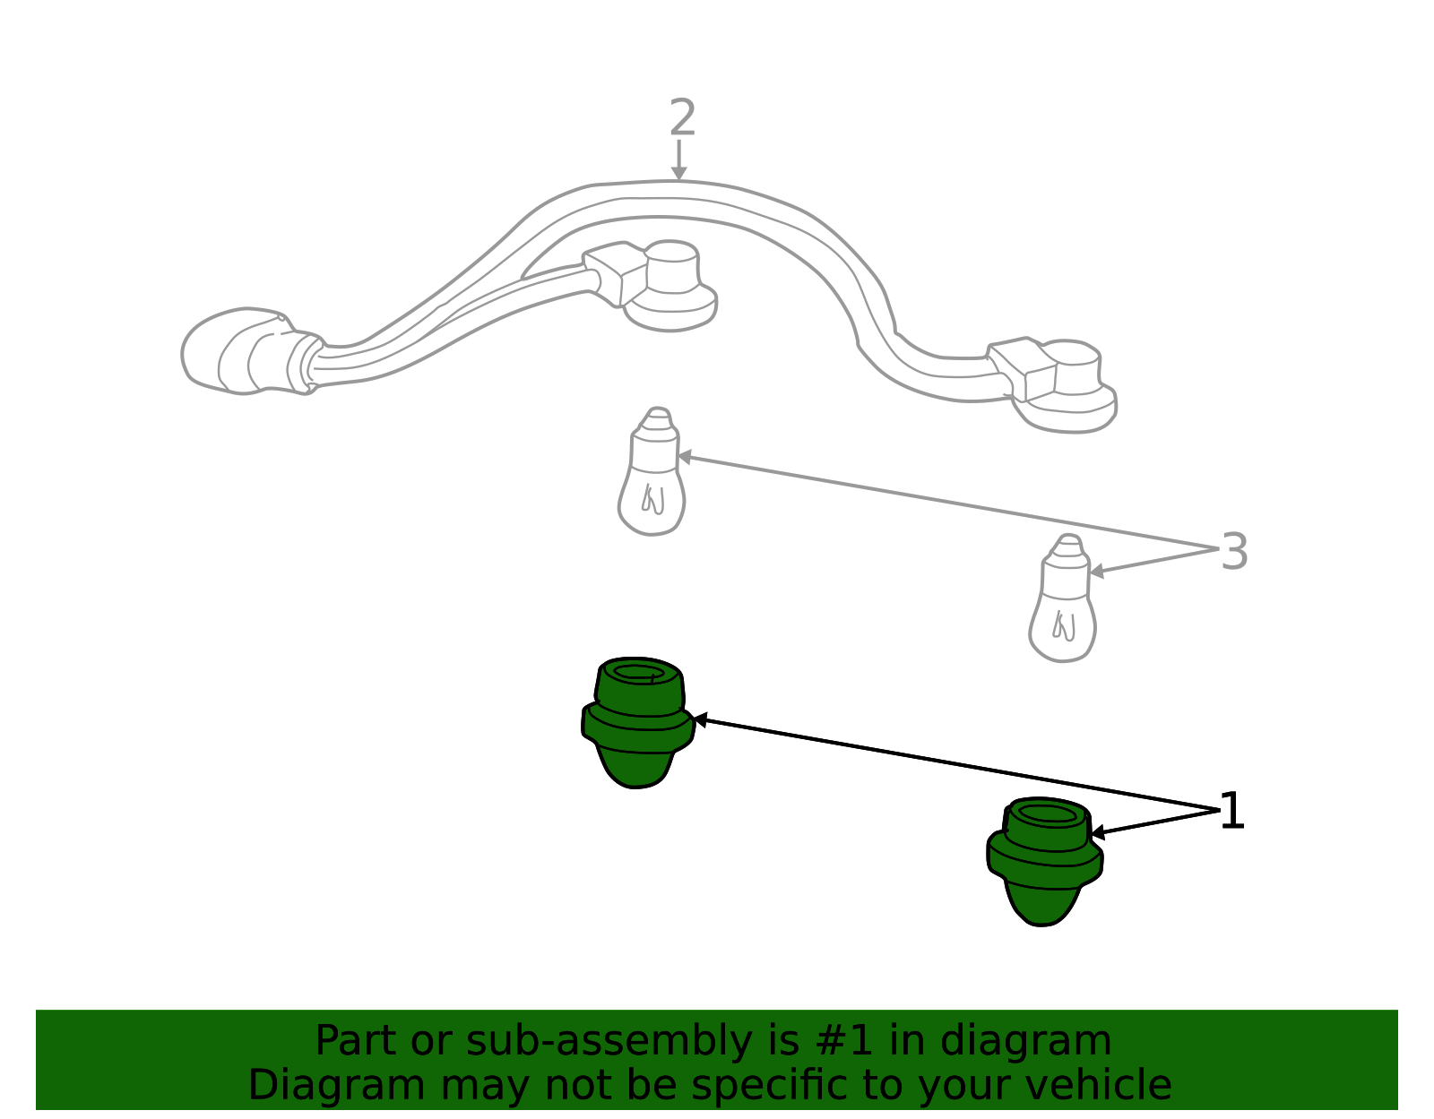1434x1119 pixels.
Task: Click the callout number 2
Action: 682,117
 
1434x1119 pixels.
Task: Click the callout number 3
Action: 1234,551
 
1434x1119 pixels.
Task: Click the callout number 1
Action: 1232,811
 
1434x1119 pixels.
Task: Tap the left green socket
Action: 637,722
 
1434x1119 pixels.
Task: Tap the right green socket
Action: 1044,861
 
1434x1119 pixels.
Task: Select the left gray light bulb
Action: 652,472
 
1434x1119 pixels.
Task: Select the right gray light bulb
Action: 1062,598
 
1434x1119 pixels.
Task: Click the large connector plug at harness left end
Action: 251,351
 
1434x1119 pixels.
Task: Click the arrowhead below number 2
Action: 679,173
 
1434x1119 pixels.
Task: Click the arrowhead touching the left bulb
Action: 685,456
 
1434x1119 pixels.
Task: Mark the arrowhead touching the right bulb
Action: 1097,571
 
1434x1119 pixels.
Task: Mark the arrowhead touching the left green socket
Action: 702,720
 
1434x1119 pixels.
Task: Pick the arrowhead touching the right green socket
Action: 1098,833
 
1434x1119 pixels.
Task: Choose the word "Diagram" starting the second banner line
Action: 337,1087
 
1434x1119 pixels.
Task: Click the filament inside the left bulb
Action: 653,499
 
